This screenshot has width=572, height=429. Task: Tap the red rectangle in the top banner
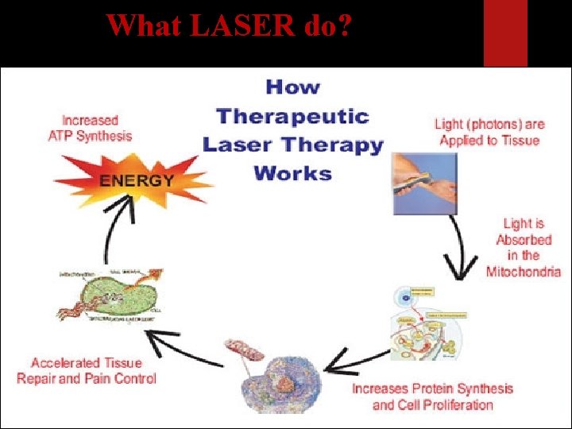pyautogui.click(x=505, y=32)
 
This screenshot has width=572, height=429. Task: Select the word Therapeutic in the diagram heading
pyautogui.click(x=292, y=116)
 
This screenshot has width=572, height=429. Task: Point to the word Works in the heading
pyautogui.click(x=292, y=172)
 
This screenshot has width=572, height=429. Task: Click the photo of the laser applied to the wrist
pyautogui.click(x=424, y=184)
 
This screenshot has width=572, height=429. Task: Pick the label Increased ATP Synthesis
pyautogui.click(x=90, y=128)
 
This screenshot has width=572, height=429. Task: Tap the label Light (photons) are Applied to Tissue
pyautogui.click(x=489, y=132)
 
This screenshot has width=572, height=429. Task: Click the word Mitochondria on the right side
pyautogui.click(x=523, y=271)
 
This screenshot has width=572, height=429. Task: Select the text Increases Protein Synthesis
pyautogui.click(x=432, y=388)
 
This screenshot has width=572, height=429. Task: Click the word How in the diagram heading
pyautogui.click(x=292, y=87)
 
